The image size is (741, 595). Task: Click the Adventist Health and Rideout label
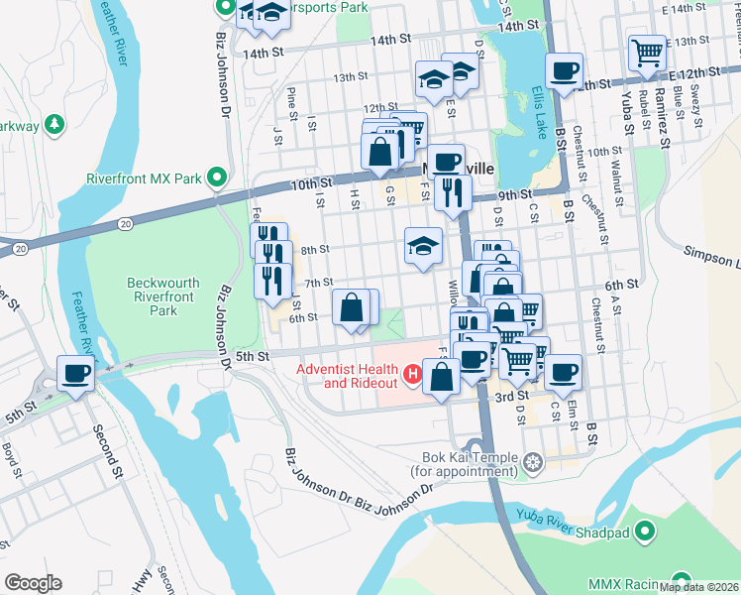click(349, 377)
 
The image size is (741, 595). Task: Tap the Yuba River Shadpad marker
click(646, 534)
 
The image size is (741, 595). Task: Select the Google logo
click(33, 583)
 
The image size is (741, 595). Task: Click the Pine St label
click(292, 99)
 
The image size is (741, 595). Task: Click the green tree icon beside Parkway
click(55, 125)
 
